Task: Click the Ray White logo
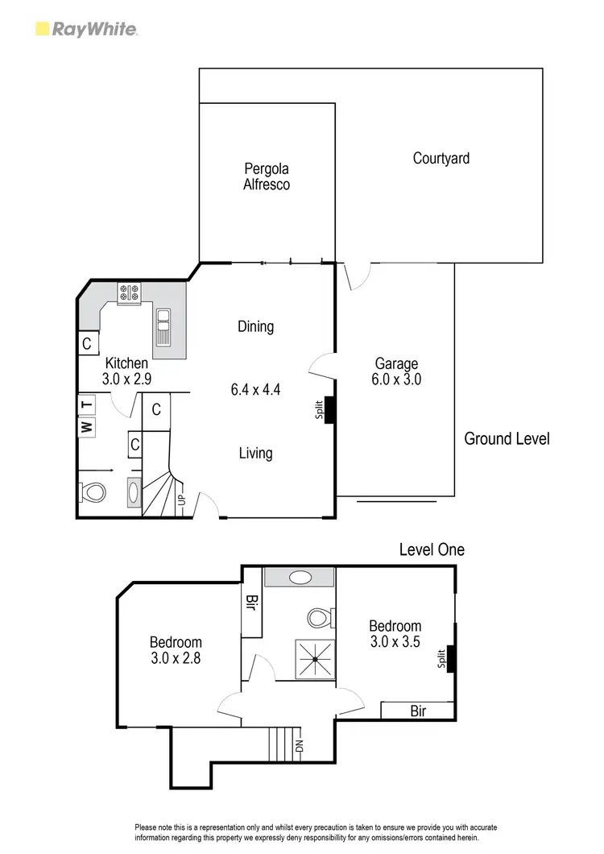tap(87, 30)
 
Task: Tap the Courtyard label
tap(441, 159)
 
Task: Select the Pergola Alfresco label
tap(267, 176)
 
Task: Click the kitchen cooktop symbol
tap(129, 293)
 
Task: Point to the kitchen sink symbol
tap(163, 326)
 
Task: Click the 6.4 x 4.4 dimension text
tap(255, 390)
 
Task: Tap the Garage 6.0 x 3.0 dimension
tap(395, 379)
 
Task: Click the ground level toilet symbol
tap(93, 491)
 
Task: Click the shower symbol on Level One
tap(313, 658)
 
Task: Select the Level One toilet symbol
tap(319, 618)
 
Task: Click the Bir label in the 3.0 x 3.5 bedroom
tap(417, 711)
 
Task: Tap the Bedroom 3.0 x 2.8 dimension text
tap(176, 658)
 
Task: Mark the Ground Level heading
tap(507, 439)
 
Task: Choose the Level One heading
tap(432, 550)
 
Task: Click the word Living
tap(255, 454)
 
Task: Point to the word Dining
tap(255, 327)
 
